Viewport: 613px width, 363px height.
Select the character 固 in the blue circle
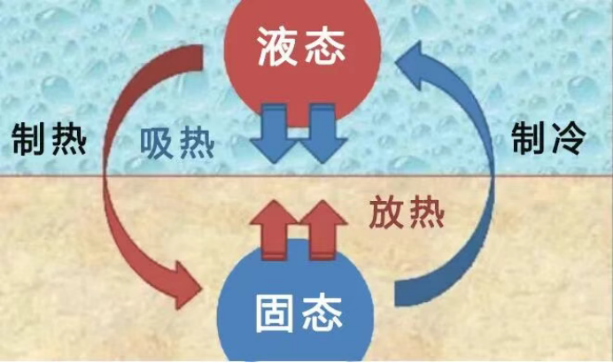275,311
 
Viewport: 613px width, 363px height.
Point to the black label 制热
49,139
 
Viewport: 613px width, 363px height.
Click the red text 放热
405,213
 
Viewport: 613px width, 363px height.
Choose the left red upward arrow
272,228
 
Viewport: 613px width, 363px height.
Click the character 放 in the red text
384,213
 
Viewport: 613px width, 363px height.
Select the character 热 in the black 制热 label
68,139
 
